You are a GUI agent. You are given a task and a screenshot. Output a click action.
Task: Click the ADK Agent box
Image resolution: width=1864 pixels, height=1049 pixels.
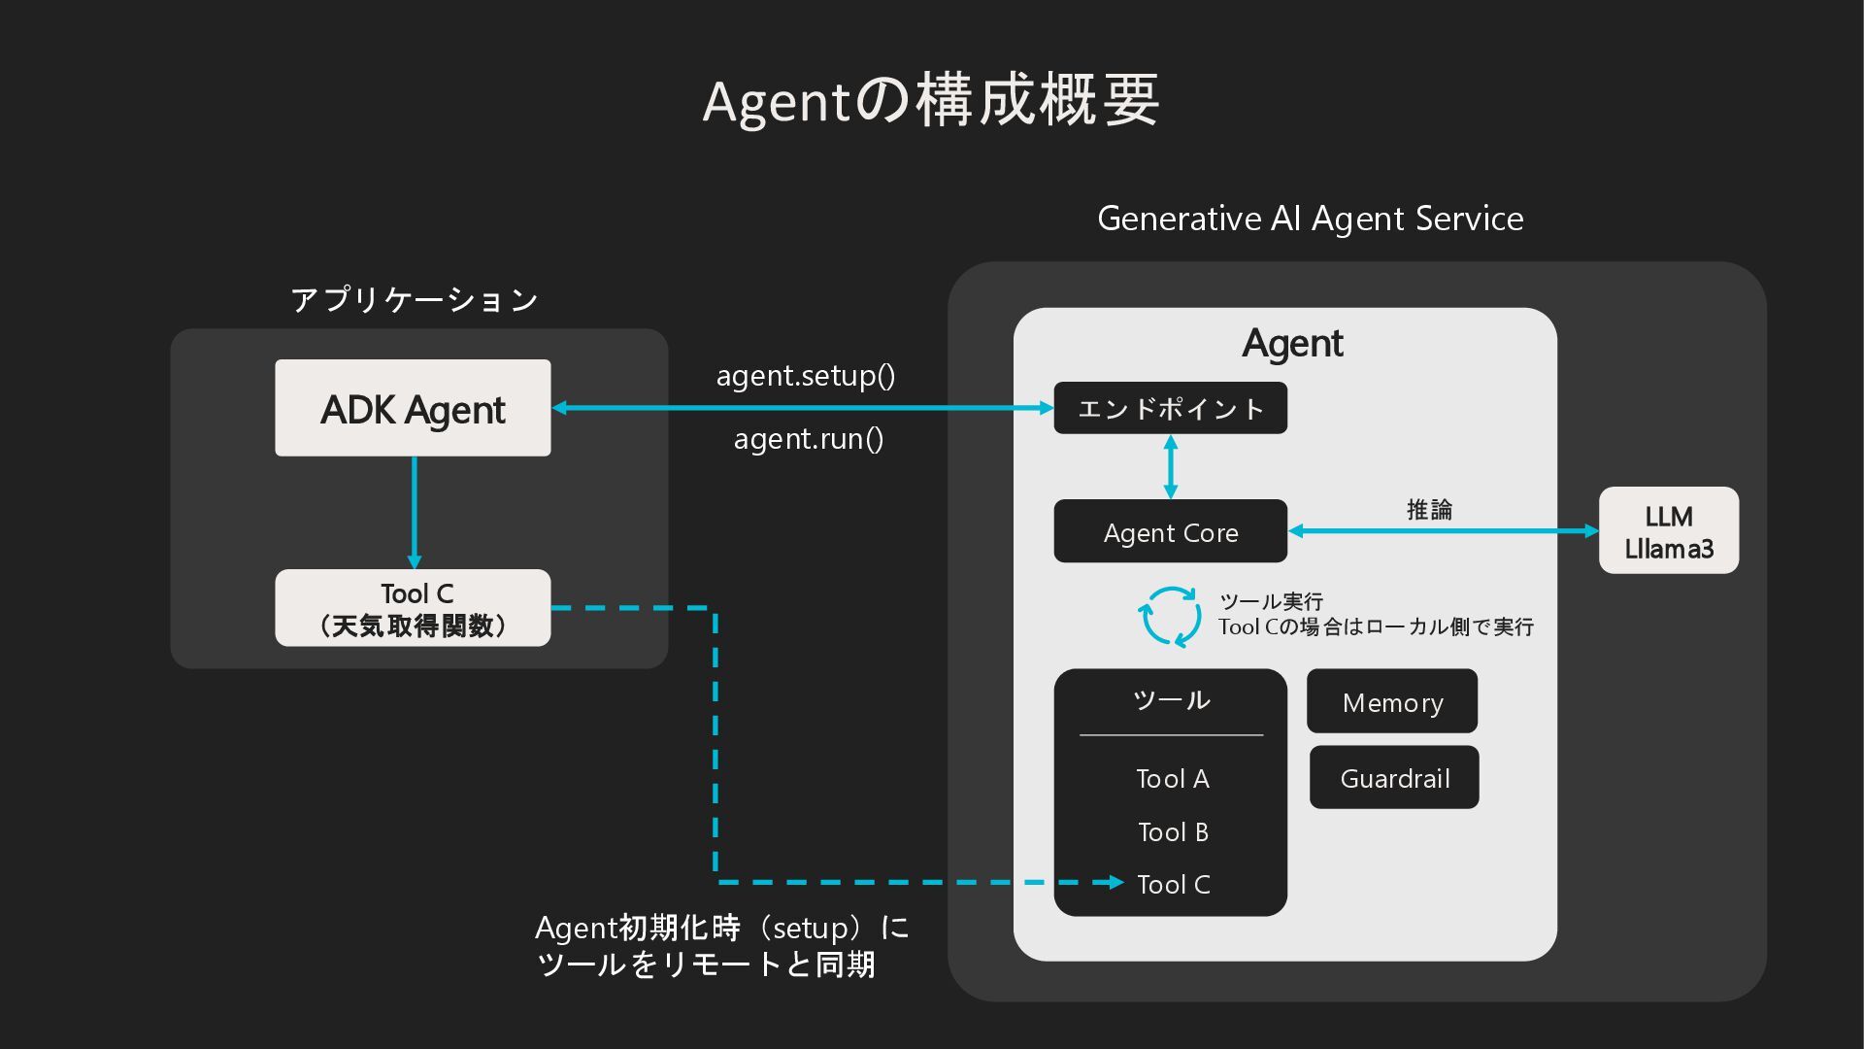click(413, 408)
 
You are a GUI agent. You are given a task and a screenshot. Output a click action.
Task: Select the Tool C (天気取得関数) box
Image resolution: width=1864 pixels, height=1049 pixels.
click(413, 608)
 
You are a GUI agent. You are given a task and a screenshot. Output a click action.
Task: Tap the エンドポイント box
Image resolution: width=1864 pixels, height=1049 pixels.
click(1170, 408)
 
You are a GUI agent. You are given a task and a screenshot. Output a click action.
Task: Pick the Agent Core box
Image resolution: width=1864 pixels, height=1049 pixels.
click(1170, 531)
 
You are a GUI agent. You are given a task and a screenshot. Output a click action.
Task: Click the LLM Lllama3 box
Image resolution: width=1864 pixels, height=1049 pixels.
click(1668, 530)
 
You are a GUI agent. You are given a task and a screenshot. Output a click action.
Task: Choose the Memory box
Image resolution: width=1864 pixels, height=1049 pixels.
click(1391, 701)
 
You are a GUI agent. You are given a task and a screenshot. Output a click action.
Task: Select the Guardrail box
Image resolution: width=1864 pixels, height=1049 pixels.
click(1394, 777)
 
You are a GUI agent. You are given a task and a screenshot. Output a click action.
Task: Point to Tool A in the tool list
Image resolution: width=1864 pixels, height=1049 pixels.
click(1172, 779)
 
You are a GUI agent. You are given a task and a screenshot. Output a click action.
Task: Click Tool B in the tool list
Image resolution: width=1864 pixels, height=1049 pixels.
click(1172, 832)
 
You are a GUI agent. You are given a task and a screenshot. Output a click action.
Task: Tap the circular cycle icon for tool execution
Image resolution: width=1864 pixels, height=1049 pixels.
click(1170, 616)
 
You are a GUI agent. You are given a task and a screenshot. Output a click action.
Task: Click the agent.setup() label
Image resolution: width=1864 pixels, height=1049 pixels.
click(806, 376)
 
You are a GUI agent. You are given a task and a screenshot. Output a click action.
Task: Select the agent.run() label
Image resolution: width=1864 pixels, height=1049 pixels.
click(808, 439)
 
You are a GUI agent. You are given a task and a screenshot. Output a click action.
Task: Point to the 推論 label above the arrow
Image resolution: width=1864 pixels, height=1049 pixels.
click(1429, 509)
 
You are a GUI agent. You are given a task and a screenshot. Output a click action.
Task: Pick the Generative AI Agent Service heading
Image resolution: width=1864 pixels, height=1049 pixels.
click(1310, 219)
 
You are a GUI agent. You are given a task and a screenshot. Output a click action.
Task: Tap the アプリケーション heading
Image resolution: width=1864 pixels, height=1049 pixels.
click(415, 299)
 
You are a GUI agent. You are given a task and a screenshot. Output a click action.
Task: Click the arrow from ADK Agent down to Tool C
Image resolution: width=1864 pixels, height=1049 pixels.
click(415, 512)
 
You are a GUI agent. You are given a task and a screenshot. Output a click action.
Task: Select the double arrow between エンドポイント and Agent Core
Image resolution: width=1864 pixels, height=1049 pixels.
click(1170, 466)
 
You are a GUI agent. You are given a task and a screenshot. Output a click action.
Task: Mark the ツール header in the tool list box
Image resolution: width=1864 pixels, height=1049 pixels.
click(1171, 700)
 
